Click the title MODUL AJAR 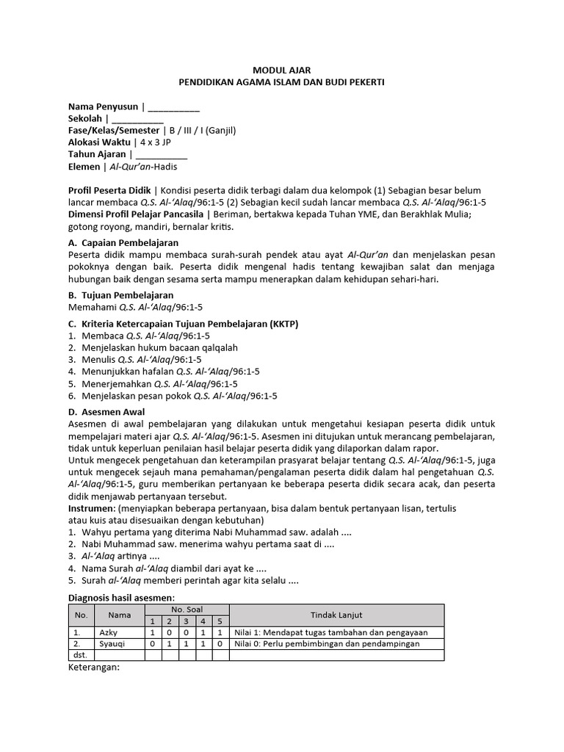282,70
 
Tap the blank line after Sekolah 138,119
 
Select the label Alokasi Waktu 99,142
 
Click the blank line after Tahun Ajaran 162,154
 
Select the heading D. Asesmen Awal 106,412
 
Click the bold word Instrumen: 91,508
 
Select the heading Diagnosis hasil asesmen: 121,598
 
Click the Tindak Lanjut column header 336,615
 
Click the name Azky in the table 107,632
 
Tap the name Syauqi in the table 111,644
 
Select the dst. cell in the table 80,655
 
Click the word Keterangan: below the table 94,668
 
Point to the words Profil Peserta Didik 109,190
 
